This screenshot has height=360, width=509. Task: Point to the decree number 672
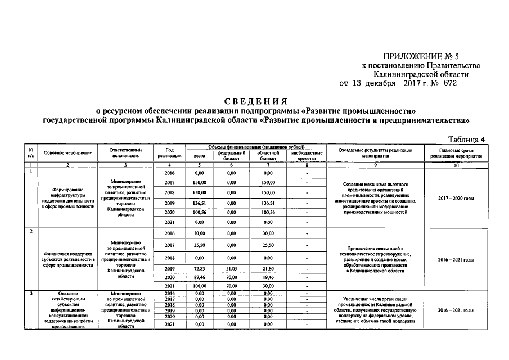[x=449, y=83]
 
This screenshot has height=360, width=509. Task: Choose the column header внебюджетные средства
[x=307, y=155]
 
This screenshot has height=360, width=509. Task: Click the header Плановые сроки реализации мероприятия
[x=456, y=153]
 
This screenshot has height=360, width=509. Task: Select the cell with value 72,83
[x=199, y=269]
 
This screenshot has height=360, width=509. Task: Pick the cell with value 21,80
[x=268, y=269]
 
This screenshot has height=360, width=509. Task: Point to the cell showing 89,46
[x=199, y=277]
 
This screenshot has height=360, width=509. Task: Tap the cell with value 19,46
[x=268, y=277]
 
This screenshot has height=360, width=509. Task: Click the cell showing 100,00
[x=199, y=286]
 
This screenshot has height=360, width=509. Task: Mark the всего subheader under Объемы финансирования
[x=199, y=155]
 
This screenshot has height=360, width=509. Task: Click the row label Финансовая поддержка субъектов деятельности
[x=66, y=259]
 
